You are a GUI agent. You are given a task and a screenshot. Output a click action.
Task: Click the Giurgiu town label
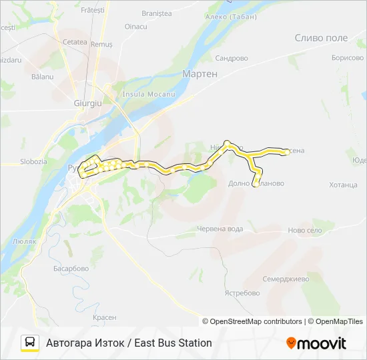click(x=87, y=104)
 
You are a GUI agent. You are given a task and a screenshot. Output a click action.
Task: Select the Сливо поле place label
click(x=321, y=38)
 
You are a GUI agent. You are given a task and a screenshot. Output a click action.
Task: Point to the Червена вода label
click(x=220, y=229)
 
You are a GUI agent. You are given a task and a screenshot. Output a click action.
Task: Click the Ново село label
click(x=305, y=230)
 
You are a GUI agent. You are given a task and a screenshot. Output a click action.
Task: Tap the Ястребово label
click(x=242, y=293)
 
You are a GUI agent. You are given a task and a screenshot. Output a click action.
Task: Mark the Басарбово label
click(x=71, y=269)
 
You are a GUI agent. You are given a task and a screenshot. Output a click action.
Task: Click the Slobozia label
click(x=33, y=161)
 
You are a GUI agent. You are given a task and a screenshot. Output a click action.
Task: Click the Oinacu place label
click(x=136, y=27)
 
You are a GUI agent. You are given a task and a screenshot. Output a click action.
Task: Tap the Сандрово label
click(x=232, y=58)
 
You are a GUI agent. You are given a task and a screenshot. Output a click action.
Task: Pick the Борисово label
click(x=347, y=58)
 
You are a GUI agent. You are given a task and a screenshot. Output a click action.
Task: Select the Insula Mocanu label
click(x=147, y=94)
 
